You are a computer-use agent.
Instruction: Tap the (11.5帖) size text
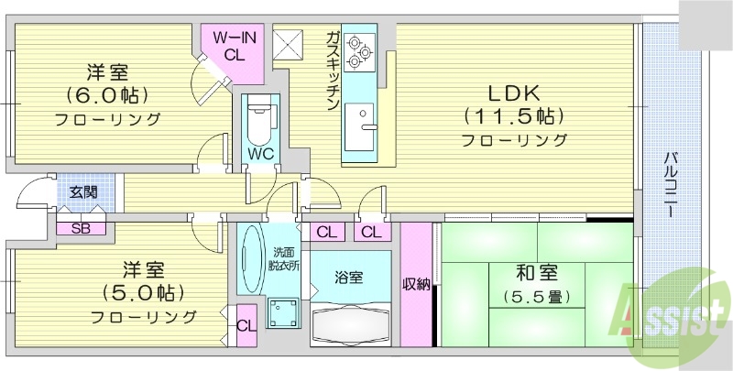[x=513, y=116]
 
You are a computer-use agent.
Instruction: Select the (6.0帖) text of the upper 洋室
[x=107, y=95]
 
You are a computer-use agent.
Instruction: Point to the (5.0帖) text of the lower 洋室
[x=143, y=293]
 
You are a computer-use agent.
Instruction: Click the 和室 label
[x=531, y=272]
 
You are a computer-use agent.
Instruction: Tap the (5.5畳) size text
[x=532, y=296]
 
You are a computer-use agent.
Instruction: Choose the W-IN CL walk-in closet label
[x=234, y=46]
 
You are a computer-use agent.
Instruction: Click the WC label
[x=259, y=153]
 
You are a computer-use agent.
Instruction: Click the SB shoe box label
[x=79, y=228]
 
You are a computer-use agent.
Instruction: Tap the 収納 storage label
[x=416, y=284]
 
